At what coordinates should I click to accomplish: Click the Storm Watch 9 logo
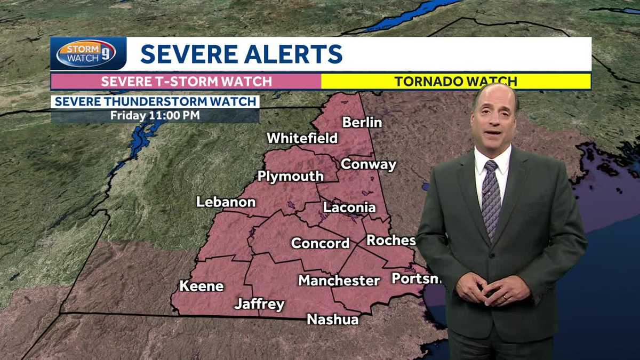pos(86,54)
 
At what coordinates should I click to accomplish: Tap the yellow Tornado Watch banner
pos(455,82)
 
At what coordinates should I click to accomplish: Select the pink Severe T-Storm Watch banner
pos(186,82)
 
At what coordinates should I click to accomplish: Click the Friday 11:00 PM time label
pos(155,115)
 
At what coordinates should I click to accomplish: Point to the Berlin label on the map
pos(362,122)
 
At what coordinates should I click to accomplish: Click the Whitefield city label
pos(302,138)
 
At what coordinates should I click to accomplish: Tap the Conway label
pos(369,164)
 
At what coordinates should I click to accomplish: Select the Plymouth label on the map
pos(290,176)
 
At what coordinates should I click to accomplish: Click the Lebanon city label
pos(226,202)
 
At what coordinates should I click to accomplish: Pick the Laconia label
pos(349,207)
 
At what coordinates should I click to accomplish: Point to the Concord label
pos(320,243)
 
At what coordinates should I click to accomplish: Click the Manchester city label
pos(339,280)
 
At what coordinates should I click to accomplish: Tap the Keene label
pos(201,286)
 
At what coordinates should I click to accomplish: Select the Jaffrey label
pos(259,305)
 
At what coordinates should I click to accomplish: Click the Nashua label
pos(332,319)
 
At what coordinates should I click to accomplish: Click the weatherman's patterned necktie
pos(491,197)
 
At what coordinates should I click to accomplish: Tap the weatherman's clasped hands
pos(485,291)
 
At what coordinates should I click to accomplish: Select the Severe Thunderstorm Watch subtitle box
pos(155,102)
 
